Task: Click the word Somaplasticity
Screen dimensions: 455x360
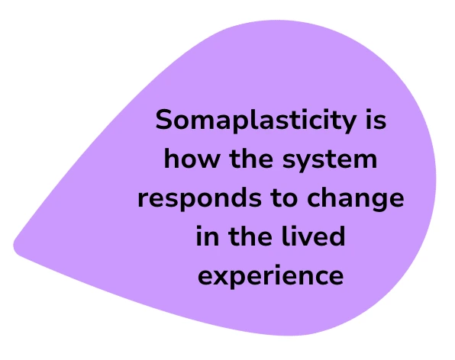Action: [256, 121]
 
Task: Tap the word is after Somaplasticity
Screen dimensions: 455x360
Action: [376, 119]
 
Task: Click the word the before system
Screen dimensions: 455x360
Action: [251, 159]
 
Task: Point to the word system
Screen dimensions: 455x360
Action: [330, 160]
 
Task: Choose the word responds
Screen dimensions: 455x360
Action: [200, 199]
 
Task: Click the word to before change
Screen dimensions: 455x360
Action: [284, 198]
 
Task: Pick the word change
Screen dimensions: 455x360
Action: [355, 199]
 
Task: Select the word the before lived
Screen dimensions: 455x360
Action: [250, 236]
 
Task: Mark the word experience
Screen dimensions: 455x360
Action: [271, 276]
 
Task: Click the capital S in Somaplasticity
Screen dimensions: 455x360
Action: [165, 119]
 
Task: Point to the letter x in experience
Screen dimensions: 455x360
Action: [223, 277]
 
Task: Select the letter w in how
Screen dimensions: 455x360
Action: [207, 161]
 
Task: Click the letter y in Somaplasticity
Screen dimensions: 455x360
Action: [347, 123]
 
